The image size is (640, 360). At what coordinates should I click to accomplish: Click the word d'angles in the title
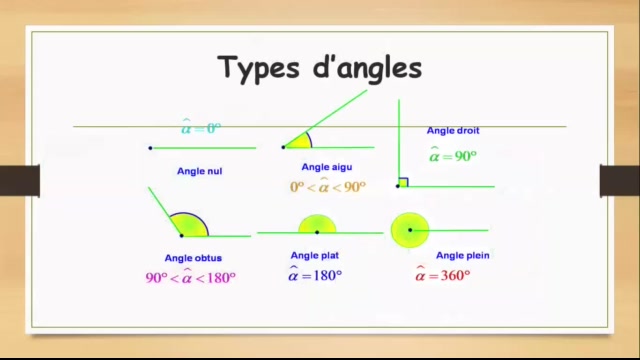(x=365, y=69)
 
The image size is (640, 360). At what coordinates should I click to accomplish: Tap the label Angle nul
(x=200, y=171)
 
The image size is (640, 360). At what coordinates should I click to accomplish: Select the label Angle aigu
(x=327, y=167)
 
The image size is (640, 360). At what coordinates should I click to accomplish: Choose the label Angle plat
(x=314, y=255)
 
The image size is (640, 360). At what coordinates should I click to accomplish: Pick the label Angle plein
(x=462, y=255)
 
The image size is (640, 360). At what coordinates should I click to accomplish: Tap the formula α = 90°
(x=453, y=155)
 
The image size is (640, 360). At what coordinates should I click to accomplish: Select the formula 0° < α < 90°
(x=328, y=187)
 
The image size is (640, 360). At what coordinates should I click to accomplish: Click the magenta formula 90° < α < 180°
(x=191, y=278)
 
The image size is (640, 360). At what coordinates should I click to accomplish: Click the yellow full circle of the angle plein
(x=408, y=230)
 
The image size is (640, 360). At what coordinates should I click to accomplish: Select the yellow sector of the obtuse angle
(x=191, y=226)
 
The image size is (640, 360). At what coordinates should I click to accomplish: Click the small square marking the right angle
(x=402, y=182)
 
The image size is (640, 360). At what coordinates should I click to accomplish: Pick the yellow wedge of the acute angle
(x=299, y=141)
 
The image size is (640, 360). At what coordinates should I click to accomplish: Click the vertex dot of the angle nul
(x=150, y=148)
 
